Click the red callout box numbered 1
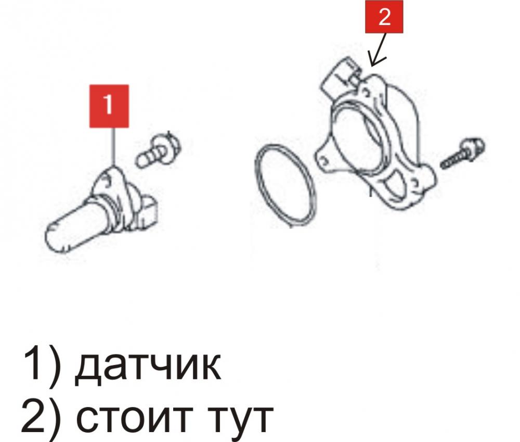click(x=109, y=106)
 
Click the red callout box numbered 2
click(x=384, y=17)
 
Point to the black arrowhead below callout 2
click(x=376, y=60)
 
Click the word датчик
click(x=147, y=367)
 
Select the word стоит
click(x=135, y=417)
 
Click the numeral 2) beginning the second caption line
click(x=41, y=416)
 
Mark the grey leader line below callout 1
click(x=114, y=146)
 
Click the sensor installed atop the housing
click(x=342, y=78)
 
